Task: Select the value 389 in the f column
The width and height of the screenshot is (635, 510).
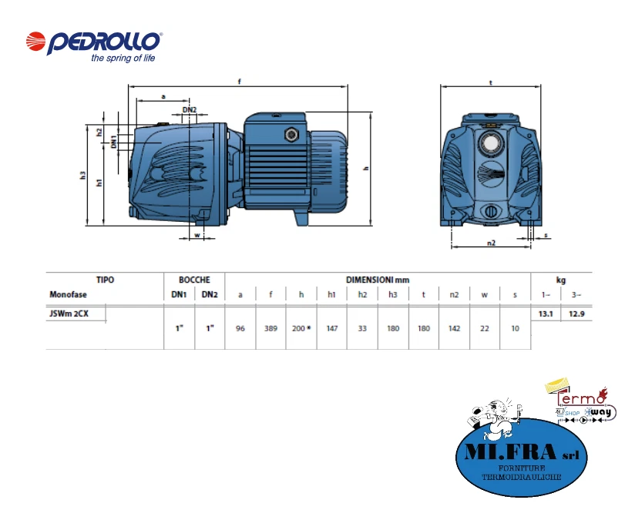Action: pos(270,328)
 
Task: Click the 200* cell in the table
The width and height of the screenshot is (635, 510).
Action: pos(301,328)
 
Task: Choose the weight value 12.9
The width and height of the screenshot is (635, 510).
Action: pos(576,314)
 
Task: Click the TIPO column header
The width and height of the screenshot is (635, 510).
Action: pos(105,280)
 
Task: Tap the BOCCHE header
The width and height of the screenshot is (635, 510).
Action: pos(194,280)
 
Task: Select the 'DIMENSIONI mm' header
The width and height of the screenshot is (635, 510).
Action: pos(378,280)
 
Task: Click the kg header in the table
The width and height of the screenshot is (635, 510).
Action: pos(561,280)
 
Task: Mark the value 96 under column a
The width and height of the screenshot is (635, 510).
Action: pos(240,328)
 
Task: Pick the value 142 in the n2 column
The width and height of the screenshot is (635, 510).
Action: pos(455,328)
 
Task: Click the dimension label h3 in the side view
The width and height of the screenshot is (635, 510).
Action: pos(83,176)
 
